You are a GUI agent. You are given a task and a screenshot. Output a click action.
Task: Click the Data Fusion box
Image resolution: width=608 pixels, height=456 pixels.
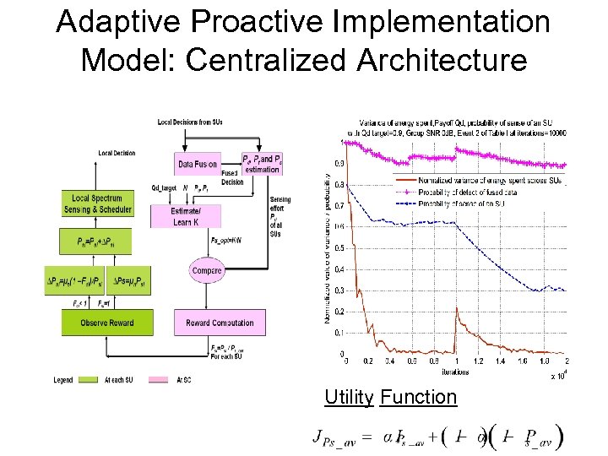(x=198, y=164)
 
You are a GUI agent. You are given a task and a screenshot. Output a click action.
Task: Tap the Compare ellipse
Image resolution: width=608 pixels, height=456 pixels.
(x=207, y=270)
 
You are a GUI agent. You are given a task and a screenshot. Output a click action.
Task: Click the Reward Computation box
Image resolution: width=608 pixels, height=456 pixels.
(x=220, y=323)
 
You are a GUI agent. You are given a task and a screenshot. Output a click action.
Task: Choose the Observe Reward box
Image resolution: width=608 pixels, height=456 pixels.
(x=97, y=323)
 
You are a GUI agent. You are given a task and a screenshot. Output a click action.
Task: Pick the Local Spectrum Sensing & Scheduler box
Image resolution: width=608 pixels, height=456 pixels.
(x=97, y=204)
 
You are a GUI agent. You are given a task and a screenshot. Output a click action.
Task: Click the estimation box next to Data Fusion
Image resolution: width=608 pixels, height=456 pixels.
(x=262, y=164)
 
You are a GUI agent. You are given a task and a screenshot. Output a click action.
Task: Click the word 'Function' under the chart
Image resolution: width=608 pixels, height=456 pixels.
(x=419, y=397)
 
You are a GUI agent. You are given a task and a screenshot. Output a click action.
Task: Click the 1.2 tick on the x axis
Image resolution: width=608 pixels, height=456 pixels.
(x=478, y=361)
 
